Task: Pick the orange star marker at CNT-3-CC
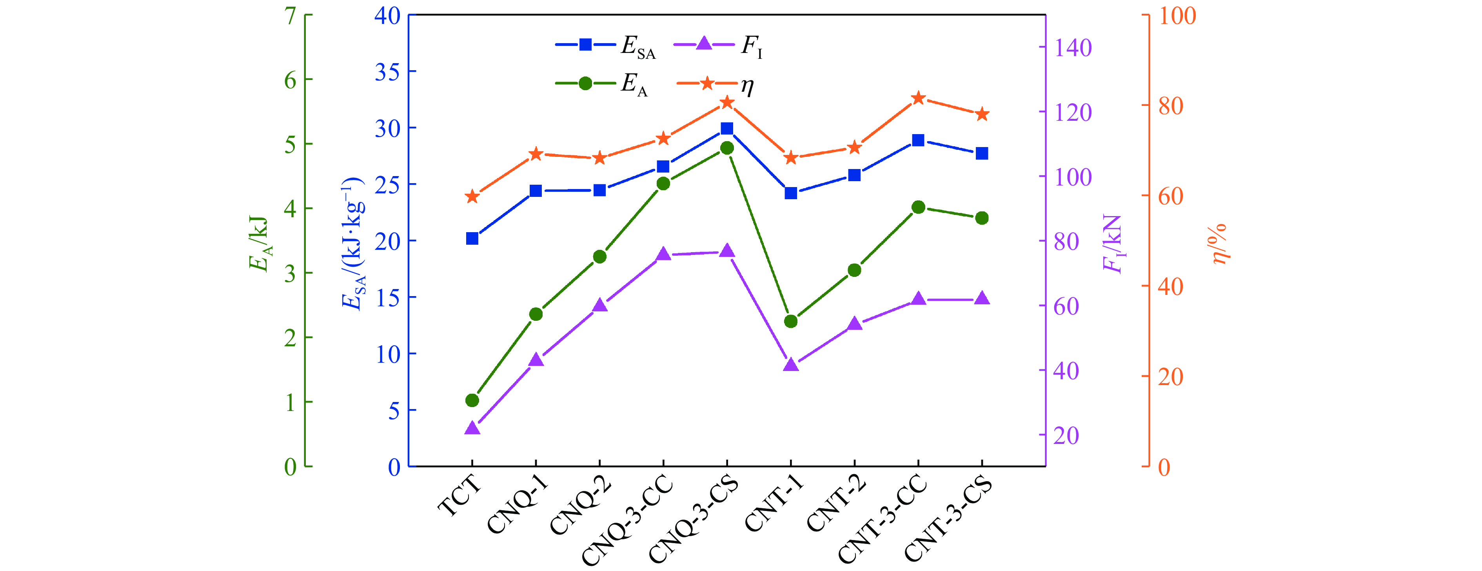[918, 98]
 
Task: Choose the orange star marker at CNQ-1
[536, 154]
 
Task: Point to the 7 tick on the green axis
[291, 16]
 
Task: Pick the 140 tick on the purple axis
[1073, 48]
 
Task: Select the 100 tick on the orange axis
[1177, 16]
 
